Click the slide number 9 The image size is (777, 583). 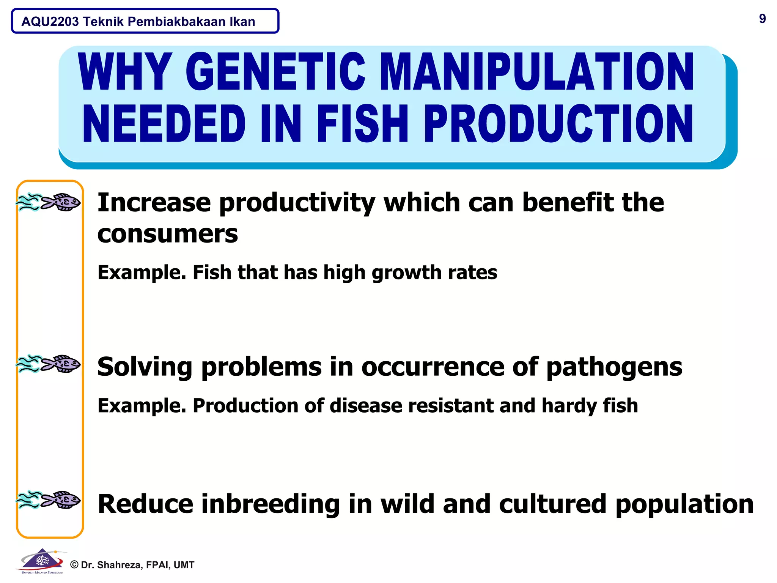pos(762,19)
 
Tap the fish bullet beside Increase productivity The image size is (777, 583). pos(49,202)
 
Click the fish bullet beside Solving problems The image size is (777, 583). pos(49,364)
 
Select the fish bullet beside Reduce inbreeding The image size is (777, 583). pos(49,499)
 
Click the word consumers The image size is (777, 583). pos(167,234)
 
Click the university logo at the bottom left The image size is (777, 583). pos(41,561)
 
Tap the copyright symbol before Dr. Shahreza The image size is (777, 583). pos(74,565)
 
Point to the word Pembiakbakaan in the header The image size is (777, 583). pos(176,22)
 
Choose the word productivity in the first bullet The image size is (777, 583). pos(297,203)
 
